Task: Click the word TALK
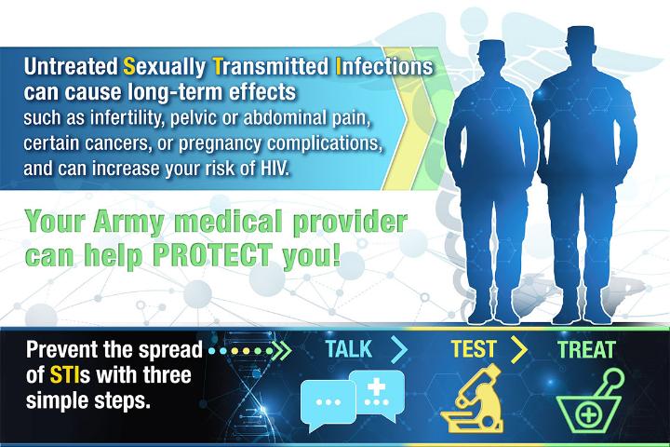[348, 349]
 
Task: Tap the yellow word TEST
[473, 349]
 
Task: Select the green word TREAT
[586, 349]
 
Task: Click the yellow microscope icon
[472, 399]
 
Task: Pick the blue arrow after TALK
[399, 349]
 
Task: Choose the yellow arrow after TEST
[518, 349]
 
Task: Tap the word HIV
[275, 169]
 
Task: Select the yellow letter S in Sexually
[129, 67]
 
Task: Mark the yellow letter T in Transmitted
[218, 67]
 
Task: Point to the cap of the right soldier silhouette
[580, 34]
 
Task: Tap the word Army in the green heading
[128, 223]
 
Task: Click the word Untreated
[71, 67]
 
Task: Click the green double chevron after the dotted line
[282, 351]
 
